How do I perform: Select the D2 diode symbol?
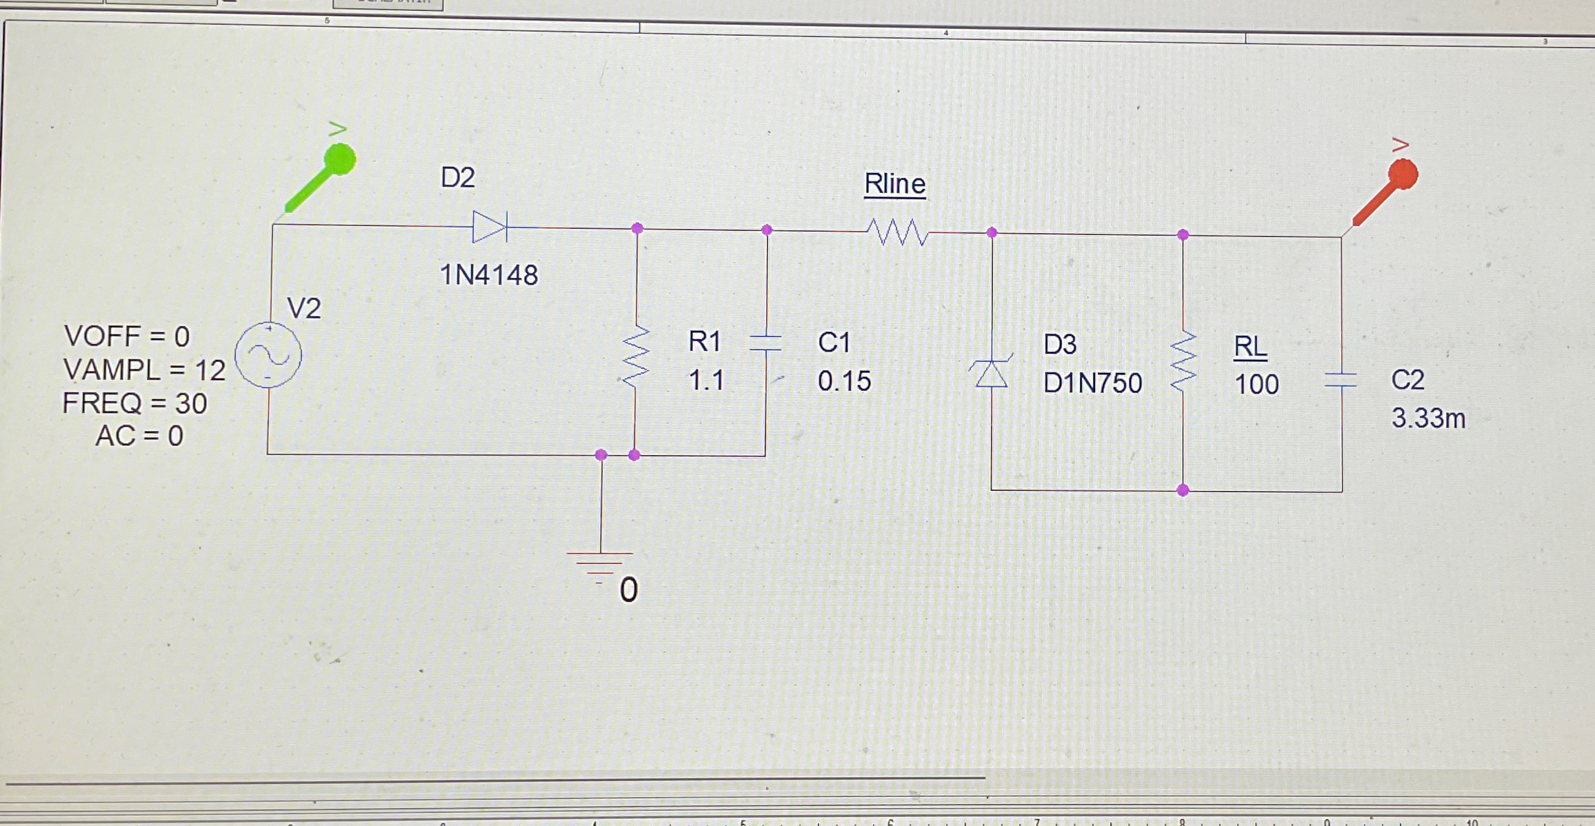pyautogui.click(x=490, y=227)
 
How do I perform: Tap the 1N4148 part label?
pyautogui.click(x=489, y=275)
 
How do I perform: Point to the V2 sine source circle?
pyautogui.click(x=268, y=355)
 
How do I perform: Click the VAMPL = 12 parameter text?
pyautogui.click(x=144, y=370)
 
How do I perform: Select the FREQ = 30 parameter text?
pyautogui.click(x=134, y=403)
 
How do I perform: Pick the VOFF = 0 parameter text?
pyautogui.click(x=126, y=336)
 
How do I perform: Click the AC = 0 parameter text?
pyautogui.click(x=139, y=436)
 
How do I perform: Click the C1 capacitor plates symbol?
pyautogui.click(x=765, y=343)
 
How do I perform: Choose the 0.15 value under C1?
pyautogui.click(x=844, y=381)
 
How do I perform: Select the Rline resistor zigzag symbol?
pyautogui.click(x=896, y=232)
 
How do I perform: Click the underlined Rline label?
pyautogui.click(x=895, y=184)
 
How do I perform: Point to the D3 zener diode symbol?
pyautogui.click(x=991, y=373)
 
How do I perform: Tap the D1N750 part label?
pyautogui.click(x=1092, y=383)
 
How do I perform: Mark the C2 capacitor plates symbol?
pyautogui.click(x=1341, y=379)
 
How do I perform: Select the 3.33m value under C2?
pyautogui.click(x=1428, y=419)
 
